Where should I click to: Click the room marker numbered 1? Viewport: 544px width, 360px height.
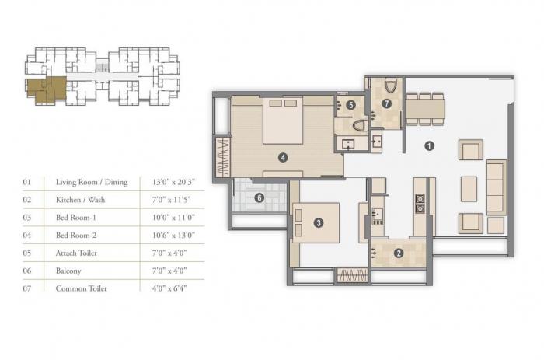click(429, 145)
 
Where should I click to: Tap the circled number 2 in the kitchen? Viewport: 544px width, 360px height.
click(399, 252)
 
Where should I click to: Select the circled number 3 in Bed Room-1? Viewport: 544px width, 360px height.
click(319, 223)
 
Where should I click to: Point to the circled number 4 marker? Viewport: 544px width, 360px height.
click(284, 158)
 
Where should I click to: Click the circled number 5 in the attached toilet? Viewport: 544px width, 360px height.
click(351, 104)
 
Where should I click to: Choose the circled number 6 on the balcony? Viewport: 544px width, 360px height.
click(260, 197)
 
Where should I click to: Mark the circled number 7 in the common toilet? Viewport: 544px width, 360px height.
click(386, 104)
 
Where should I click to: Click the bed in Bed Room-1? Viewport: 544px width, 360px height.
click(315, 222)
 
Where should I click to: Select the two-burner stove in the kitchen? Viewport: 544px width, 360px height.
click(420, 203)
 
